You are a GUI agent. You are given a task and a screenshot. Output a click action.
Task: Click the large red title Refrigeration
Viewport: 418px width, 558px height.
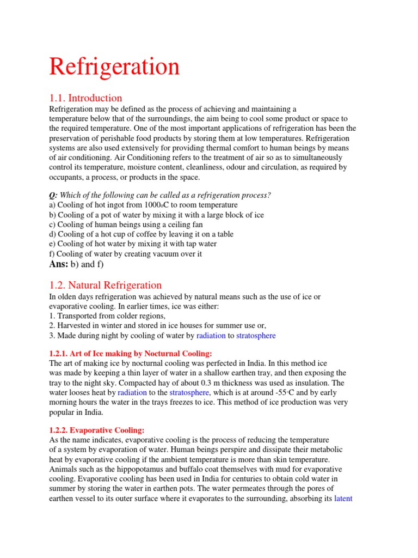point(114,66)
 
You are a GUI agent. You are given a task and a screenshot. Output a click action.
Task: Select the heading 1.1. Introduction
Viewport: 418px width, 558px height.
point(85,98)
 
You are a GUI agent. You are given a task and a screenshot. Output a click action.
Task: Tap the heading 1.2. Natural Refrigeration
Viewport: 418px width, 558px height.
point(106,285)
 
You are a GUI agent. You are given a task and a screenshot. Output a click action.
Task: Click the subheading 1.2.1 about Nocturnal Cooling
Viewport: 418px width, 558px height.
point(126,354)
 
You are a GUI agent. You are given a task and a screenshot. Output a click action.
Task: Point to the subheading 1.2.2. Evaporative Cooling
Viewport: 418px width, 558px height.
point(97,430)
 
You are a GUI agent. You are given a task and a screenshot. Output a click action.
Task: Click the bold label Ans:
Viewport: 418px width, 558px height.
point(59,264)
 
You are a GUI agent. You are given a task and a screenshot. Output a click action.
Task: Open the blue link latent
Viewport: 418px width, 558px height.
point(343,499)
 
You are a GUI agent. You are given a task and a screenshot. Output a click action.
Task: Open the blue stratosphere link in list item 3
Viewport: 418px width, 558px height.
point(256,336)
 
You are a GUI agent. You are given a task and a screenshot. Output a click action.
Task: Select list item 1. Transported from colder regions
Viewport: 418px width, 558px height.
point(107,316)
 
